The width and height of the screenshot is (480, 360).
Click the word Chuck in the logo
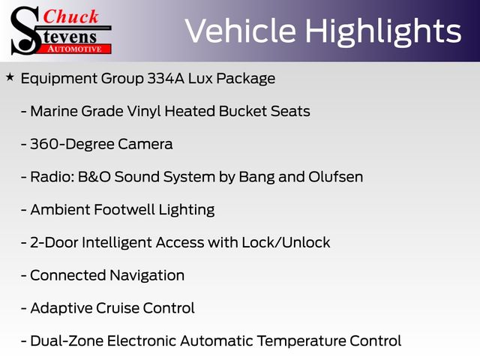point(70,16)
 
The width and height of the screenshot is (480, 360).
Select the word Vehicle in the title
point(241,31)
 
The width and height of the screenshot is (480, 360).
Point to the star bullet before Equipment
point(10,77)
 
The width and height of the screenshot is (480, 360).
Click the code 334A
point(166,78)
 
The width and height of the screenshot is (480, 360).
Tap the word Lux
point(200,78)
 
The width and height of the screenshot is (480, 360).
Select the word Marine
point(56,111)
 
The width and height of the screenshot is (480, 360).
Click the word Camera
point(145,144)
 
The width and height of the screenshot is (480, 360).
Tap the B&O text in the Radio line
point(94,177)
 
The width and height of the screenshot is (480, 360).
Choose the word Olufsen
point(335,177)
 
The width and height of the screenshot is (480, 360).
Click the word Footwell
point(124,210)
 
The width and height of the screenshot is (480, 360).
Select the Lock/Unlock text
point(286,242)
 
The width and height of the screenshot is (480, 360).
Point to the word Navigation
point(147,275)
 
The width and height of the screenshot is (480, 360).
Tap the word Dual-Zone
point(67,340)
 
